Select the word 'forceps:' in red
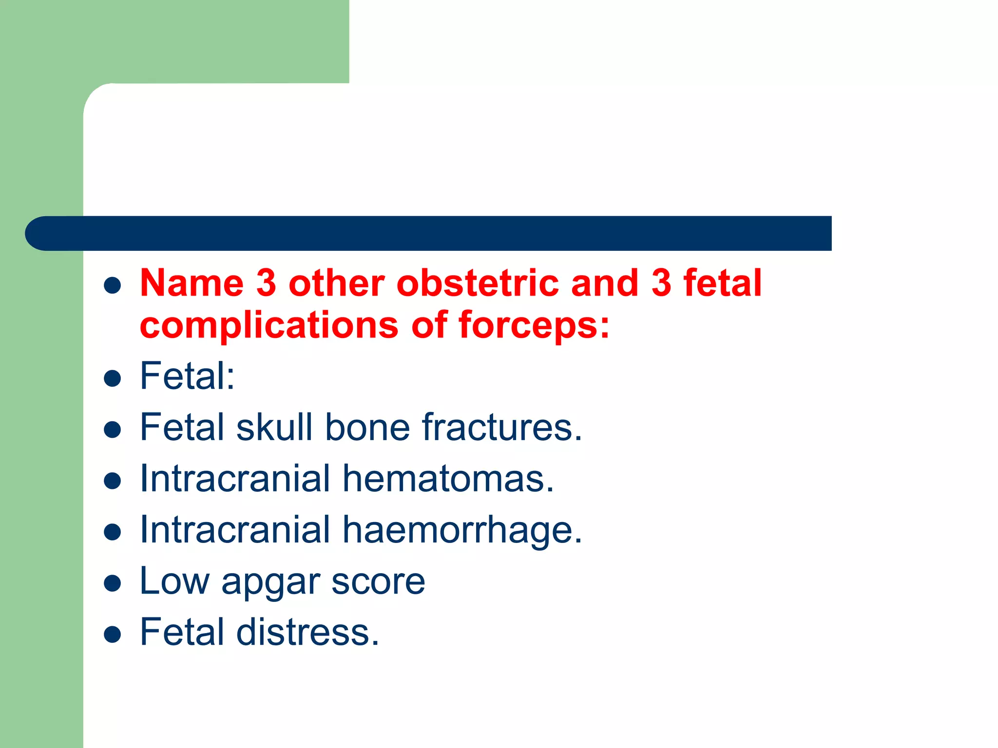click(x=534, y=325)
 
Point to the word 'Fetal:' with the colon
click(x=187, y=376)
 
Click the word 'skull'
click(x=274, y=427)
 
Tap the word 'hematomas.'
click(x=448, y=479)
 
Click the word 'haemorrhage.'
click(x=462, y=530)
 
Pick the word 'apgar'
click(x=270, y=582)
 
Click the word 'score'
click(x=378, y=581)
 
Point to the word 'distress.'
click(x=307, y=632)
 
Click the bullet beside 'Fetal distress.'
click(x=113, y=634)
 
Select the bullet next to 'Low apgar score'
click(x=113, y=583)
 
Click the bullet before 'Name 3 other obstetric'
click(x=113, y=285)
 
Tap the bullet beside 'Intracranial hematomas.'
click(x=113, y=481)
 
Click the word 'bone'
click(x=367, y=427)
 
